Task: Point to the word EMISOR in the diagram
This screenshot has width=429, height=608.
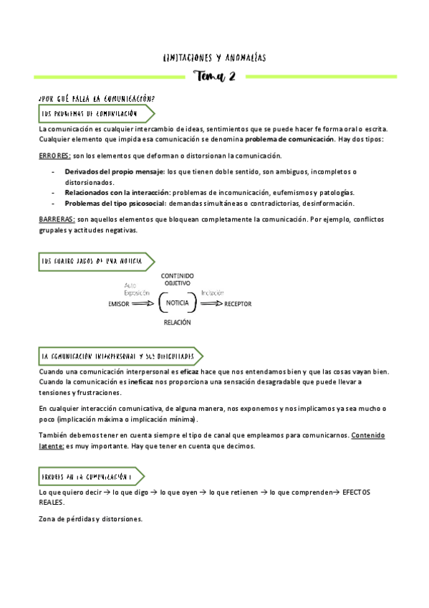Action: coord(120,304)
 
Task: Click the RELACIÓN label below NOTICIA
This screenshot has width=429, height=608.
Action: coord(177,323)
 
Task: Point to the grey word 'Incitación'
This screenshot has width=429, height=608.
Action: coord(213,293)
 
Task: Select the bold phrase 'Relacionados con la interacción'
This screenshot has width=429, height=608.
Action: coord(117,193)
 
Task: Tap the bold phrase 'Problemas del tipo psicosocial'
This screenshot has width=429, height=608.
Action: coord(116,203)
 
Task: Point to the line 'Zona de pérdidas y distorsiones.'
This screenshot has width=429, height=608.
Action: coord(91,518)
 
